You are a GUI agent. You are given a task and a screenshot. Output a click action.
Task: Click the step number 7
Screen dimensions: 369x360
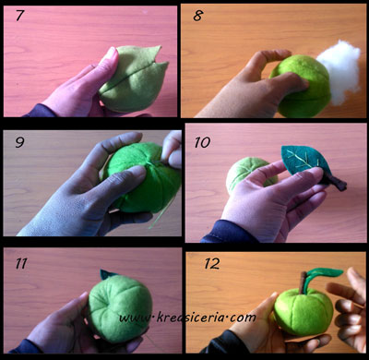pyautogui.click(x=20, y=16)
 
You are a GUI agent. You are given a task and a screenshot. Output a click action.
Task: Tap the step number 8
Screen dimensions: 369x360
pyautogui.click(x=197, y=16)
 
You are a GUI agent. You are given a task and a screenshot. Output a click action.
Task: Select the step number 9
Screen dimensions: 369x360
pyautogui.click(x=19, y=142)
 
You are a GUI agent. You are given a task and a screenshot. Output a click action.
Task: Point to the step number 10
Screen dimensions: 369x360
pyautogui.click(x=202, y=142)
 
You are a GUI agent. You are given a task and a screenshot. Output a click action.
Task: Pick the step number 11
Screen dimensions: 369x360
pyautogui.click(x=21, y=264)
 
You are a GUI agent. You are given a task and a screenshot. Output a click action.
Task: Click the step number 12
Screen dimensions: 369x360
pyautogui.click(x=212, y=264)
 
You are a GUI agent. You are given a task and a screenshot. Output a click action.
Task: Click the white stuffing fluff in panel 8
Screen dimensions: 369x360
pyautogui.click(x=339, y=71)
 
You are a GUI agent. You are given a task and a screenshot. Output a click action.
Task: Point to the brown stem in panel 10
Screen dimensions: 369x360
pyautogui.click(x=336, y=182)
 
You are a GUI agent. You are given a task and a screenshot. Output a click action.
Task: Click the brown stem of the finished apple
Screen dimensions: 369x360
pyautogui.click(x=303, y=282)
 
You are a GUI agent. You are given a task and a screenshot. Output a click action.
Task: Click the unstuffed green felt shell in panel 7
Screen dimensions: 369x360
pyautogui.click(x=135, y=78)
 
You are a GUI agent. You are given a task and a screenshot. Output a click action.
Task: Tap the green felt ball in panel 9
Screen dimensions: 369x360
pyautogui.click(x=142, y=177)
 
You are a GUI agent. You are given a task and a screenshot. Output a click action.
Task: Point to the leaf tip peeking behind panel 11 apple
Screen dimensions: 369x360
pyautogui.click(x=107, y=274)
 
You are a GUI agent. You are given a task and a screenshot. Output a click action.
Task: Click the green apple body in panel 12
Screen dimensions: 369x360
pyautogui.click(x=304, y=311)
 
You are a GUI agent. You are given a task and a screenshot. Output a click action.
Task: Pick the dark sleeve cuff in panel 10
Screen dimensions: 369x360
pyautogui.click(x=229, y=232)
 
